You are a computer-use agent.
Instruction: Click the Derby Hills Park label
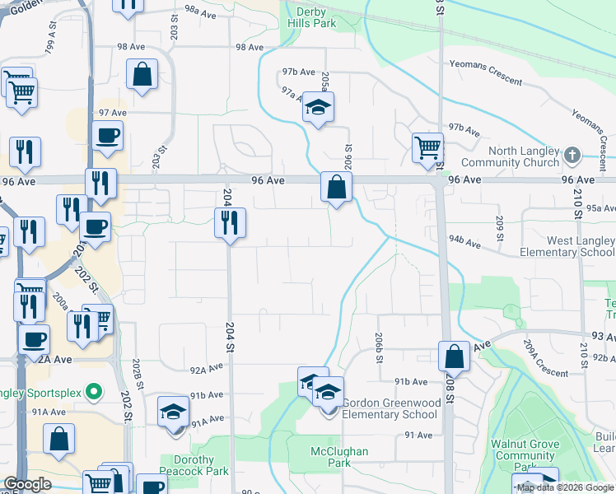click(312, 17)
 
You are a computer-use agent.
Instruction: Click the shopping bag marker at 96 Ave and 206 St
click(337, 187)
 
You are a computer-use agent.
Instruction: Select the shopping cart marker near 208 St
click(427, 149)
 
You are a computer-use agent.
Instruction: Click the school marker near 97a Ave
click(318, 108)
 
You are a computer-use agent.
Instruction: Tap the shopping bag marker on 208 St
click(454, 356)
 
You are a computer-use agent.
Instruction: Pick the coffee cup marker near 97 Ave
click(107, 135)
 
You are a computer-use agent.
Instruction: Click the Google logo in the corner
click(27, 483)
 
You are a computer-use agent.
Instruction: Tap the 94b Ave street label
click(464, 243)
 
